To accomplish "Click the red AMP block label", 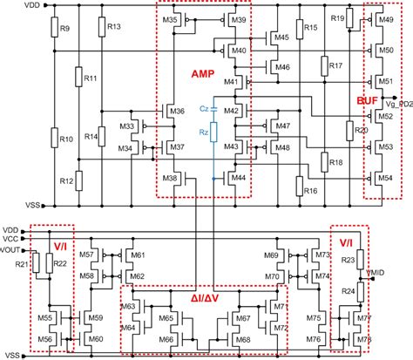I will click(x=203, y=76).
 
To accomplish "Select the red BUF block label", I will click(x=365, y=102).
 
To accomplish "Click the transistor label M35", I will click(x=171, y=19).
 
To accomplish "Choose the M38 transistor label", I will click(x=173, y=178).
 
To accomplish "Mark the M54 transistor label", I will click(x=384, y=178).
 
